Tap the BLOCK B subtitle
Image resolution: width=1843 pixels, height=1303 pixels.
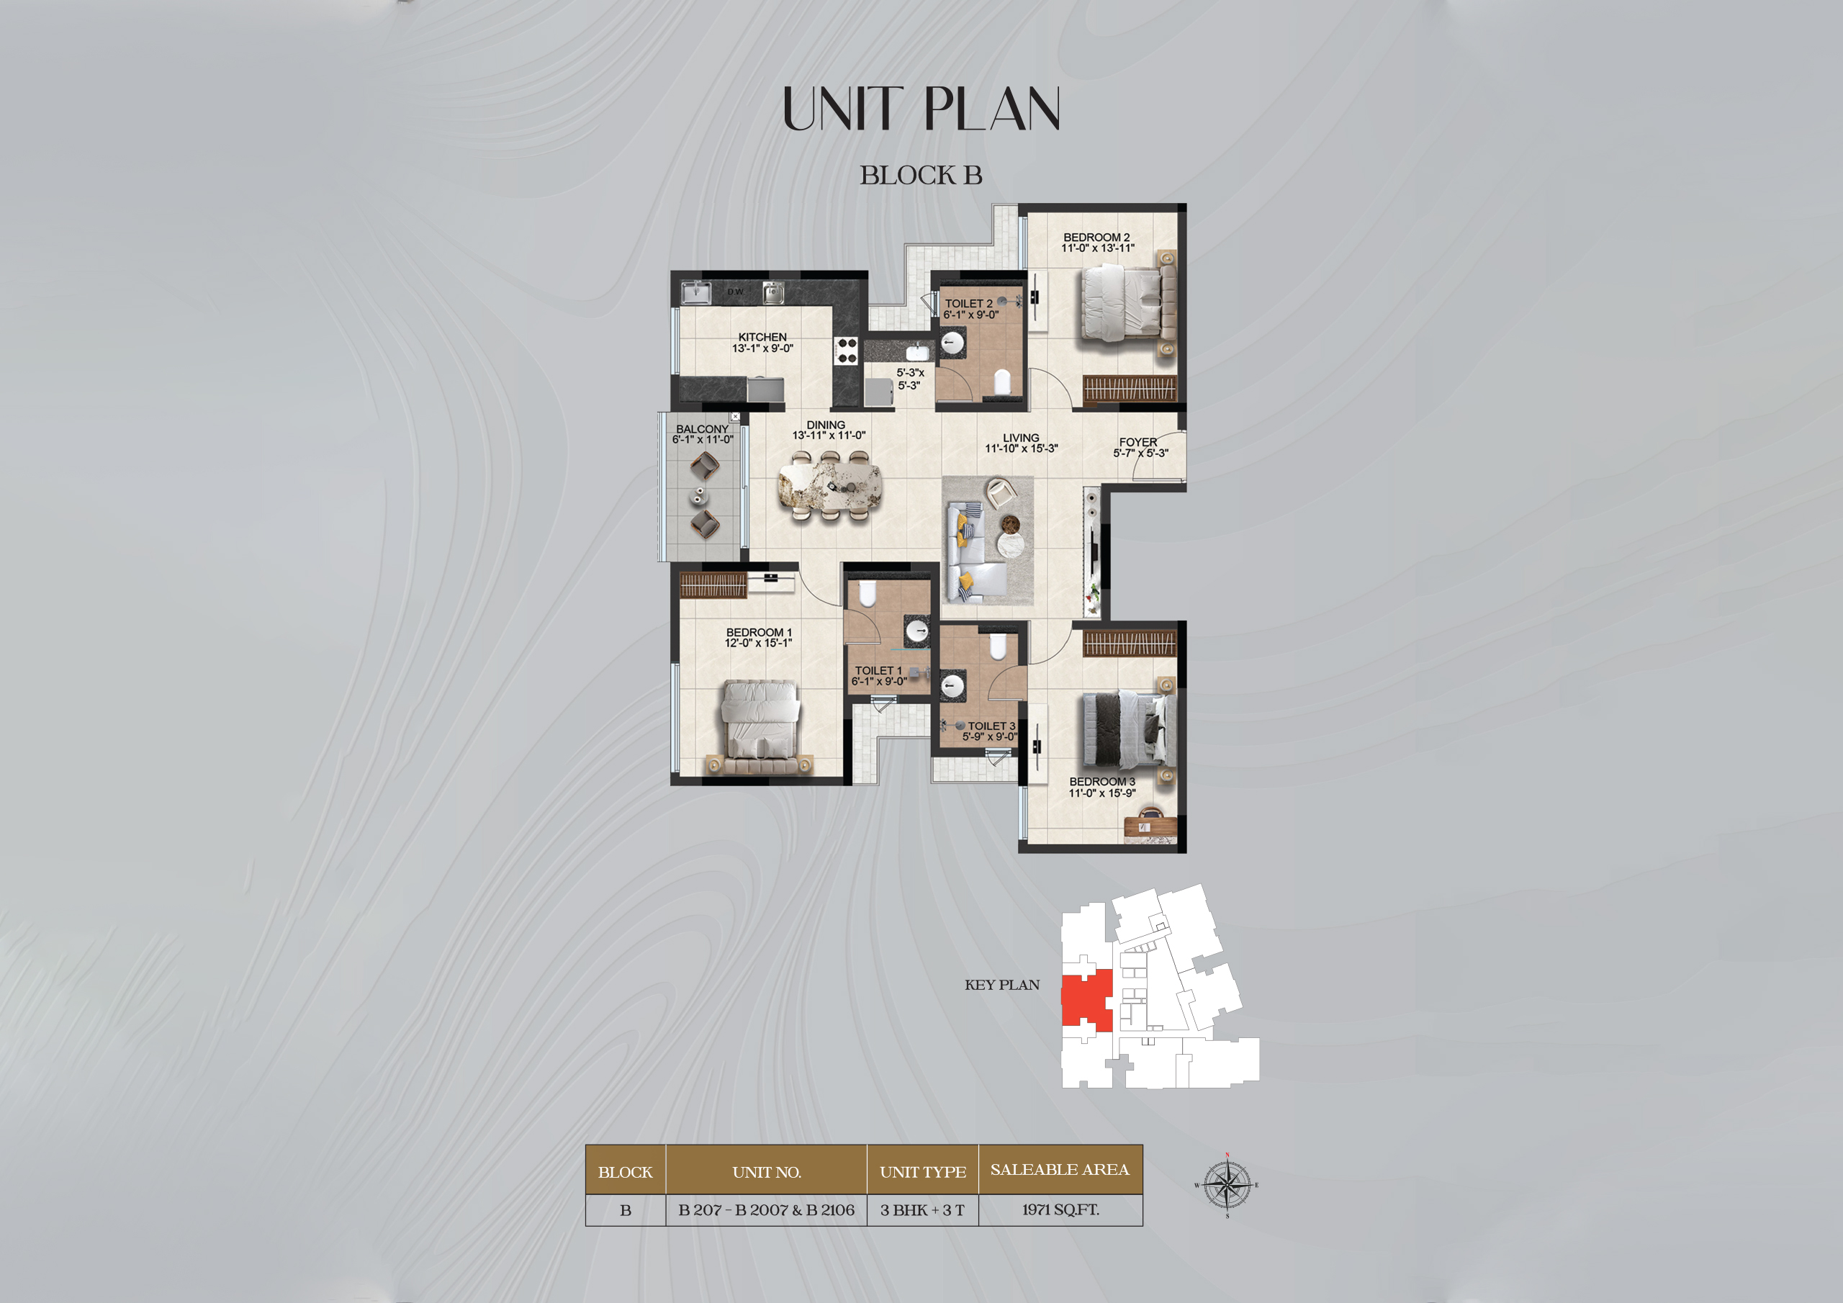click(x=921, y=175)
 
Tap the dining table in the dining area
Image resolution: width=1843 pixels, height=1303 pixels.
click(x=829, y=487)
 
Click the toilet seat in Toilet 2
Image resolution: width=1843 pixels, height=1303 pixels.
click(x=1001, y=381)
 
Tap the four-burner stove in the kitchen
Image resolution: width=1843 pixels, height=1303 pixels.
click(x=847, y=350)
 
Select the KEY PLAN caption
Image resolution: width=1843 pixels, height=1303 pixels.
click(x=1001, y=985)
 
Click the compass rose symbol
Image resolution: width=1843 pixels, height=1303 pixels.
click(x=1227, y=1185)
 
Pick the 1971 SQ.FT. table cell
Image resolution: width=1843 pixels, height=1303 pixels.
click(x=1060, y=1210)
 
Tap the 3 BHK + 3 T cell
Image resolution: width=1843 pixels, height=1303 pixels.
click(x=922, y=1210)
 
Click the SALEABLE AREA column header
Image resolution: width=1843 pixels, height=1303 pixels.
click(x=1060, y=1170)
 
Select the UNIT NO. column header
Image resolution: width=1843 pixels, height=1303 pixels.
click(x=767, y=1172)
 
